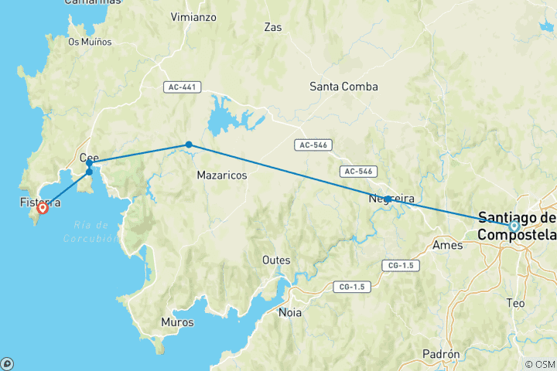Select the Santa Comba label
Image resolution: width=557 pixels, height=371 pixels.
tap(343, 87)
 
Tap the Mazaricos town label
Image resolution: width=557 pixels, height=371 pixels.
tap(222, 175)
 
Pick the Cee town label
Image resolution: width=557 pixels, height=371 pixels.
tap(90, 158)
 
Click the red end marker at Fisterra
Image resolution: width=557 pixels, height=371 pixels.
tap(43, 207)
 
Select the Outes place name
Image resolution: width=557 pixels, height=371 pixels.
tap(276, 260)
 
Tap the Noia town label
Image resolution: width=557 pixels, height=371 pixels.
tap(291, 313)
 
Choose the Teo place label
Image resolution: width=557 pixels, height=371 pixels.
tap(515, 303)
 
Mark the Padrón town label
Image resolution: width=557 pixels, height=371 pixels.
tap(441, 354)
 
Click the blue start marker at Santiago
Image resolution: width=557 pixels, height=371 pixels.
tap(514, 226)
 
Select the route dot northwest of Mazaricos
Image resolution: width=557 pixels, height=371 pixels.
tap(189, 145)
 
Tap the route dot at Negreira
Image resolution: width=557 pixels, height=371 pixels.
tap(388, 199)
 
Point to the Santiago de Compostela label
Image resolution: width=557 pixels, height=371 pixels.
tap(517, 226)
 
